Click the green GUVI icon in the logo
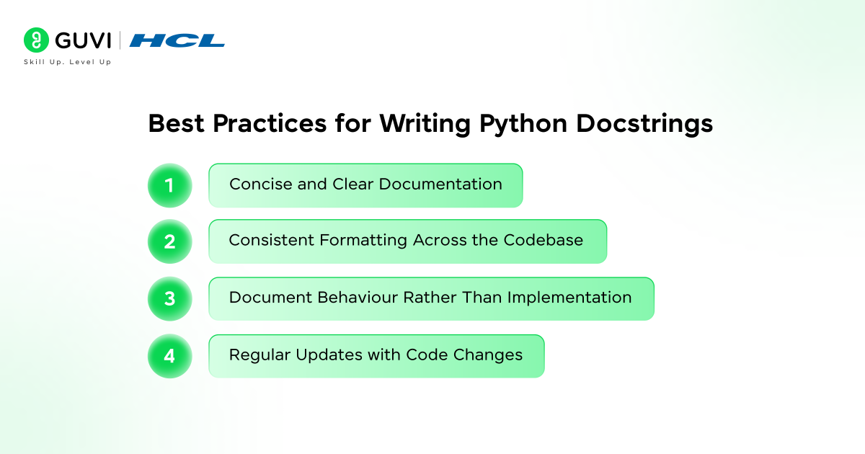click(x=35, y=40)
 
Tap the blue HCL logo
click(x=177, y=41)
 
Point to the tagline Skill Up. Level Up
click(x=68, y=63)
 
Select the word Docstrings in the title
click(x=644, y=124)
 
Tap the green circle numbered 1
click(x=169, y=185)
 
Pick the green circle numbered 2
click(x=169, y=241)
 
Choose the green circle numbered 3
click(x=169, y=298)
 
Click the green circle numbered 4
click(x=169, y=355)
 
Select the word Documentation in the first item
click(x=440, y=184)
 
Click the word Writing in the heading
click(x=425, y=124)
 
